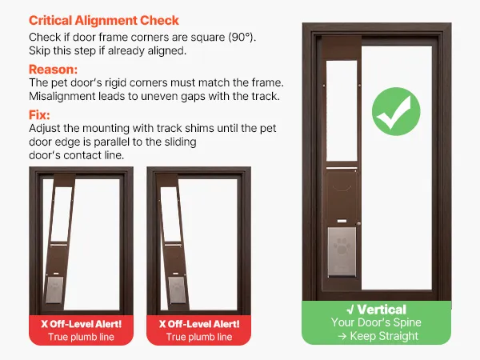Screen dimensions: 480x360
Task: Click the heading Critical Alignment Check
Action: (x=104, y=21)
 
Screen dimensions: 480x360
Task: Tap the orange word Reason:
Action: (x=54, y=69)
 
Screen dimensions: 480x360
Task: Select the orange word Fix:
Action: (x=39, y=114)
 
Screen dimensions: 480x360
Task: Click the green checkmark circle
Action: (x=396, y=111)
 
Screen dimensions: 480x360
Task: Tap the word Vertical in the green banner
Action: (x=382, y=310)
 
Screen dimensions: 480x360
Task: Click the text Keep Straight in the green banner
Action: (x=384, y=336)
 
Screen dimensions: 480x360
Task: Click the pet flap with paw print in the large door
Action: (x=342, y=252)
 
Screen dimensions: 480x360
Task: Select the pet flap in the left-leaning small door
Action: (x=54, y=290)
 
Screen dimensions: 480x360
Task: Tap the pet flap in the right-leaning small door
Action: (x=177, y=290)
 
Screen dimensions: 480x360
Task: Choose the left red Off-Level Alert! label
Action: (x=82, y=324)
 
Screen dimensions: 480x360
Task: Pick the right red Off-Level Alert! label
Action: (x=199, y=324)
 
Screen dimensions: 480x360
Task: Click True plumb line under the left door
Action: (x=81, y=337)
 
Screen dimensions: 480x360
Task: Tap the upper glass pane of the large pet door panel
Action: (x=342, y=111)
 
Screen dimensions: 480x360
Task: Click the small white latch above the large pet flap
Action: (x=342, y=221)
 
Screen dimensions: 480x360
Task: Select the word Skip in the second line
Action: (x=39, y=50)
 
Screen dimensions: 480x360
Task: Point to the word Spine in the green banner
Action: (x=407, y=322)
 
